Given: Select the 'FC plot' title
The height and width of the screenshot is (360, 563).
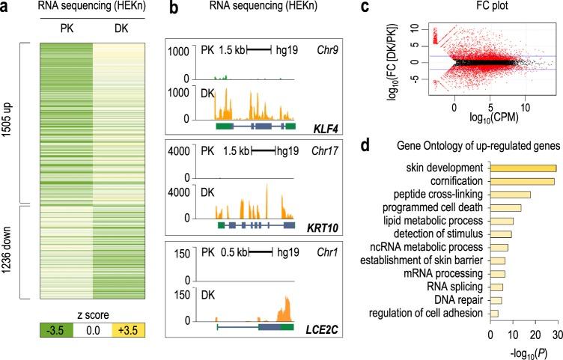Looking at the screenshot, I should coord(479,8).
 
